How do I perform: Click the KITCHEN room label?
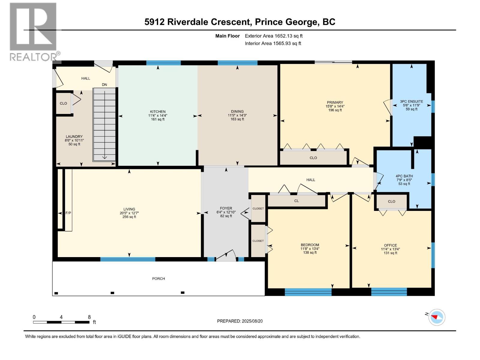point(157,112)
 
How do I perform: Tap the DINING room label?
point(237,112)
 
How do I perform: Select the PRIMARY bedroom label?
point(335,102)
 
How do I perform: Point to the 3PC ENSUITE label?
point(411,101)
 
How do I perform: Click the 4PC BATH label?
point(404,176)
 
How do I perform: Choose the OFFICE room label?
point(390,245)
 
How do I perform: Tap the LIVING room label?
point(129,209)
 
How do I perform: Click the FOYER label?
point(226,208)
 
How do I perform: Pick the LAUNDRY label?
point(74,136)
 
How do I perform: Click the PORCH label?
point(158,278)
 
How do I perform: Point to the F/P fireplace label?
point(68,213)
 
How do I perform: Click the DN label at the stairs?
point(104,85)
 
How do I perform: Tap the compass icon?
point(437,317)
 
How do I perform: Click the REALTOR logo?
point(34,32)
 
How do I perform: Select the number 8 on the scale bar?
point(89,317)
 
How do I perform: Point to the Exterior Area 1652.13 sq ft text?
point(274,36)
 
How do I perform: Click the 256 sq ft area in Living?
point(129,217)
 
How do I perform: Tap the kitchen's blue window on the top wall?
point(163,63)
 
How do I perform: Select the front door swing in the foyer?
point(226,256)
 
